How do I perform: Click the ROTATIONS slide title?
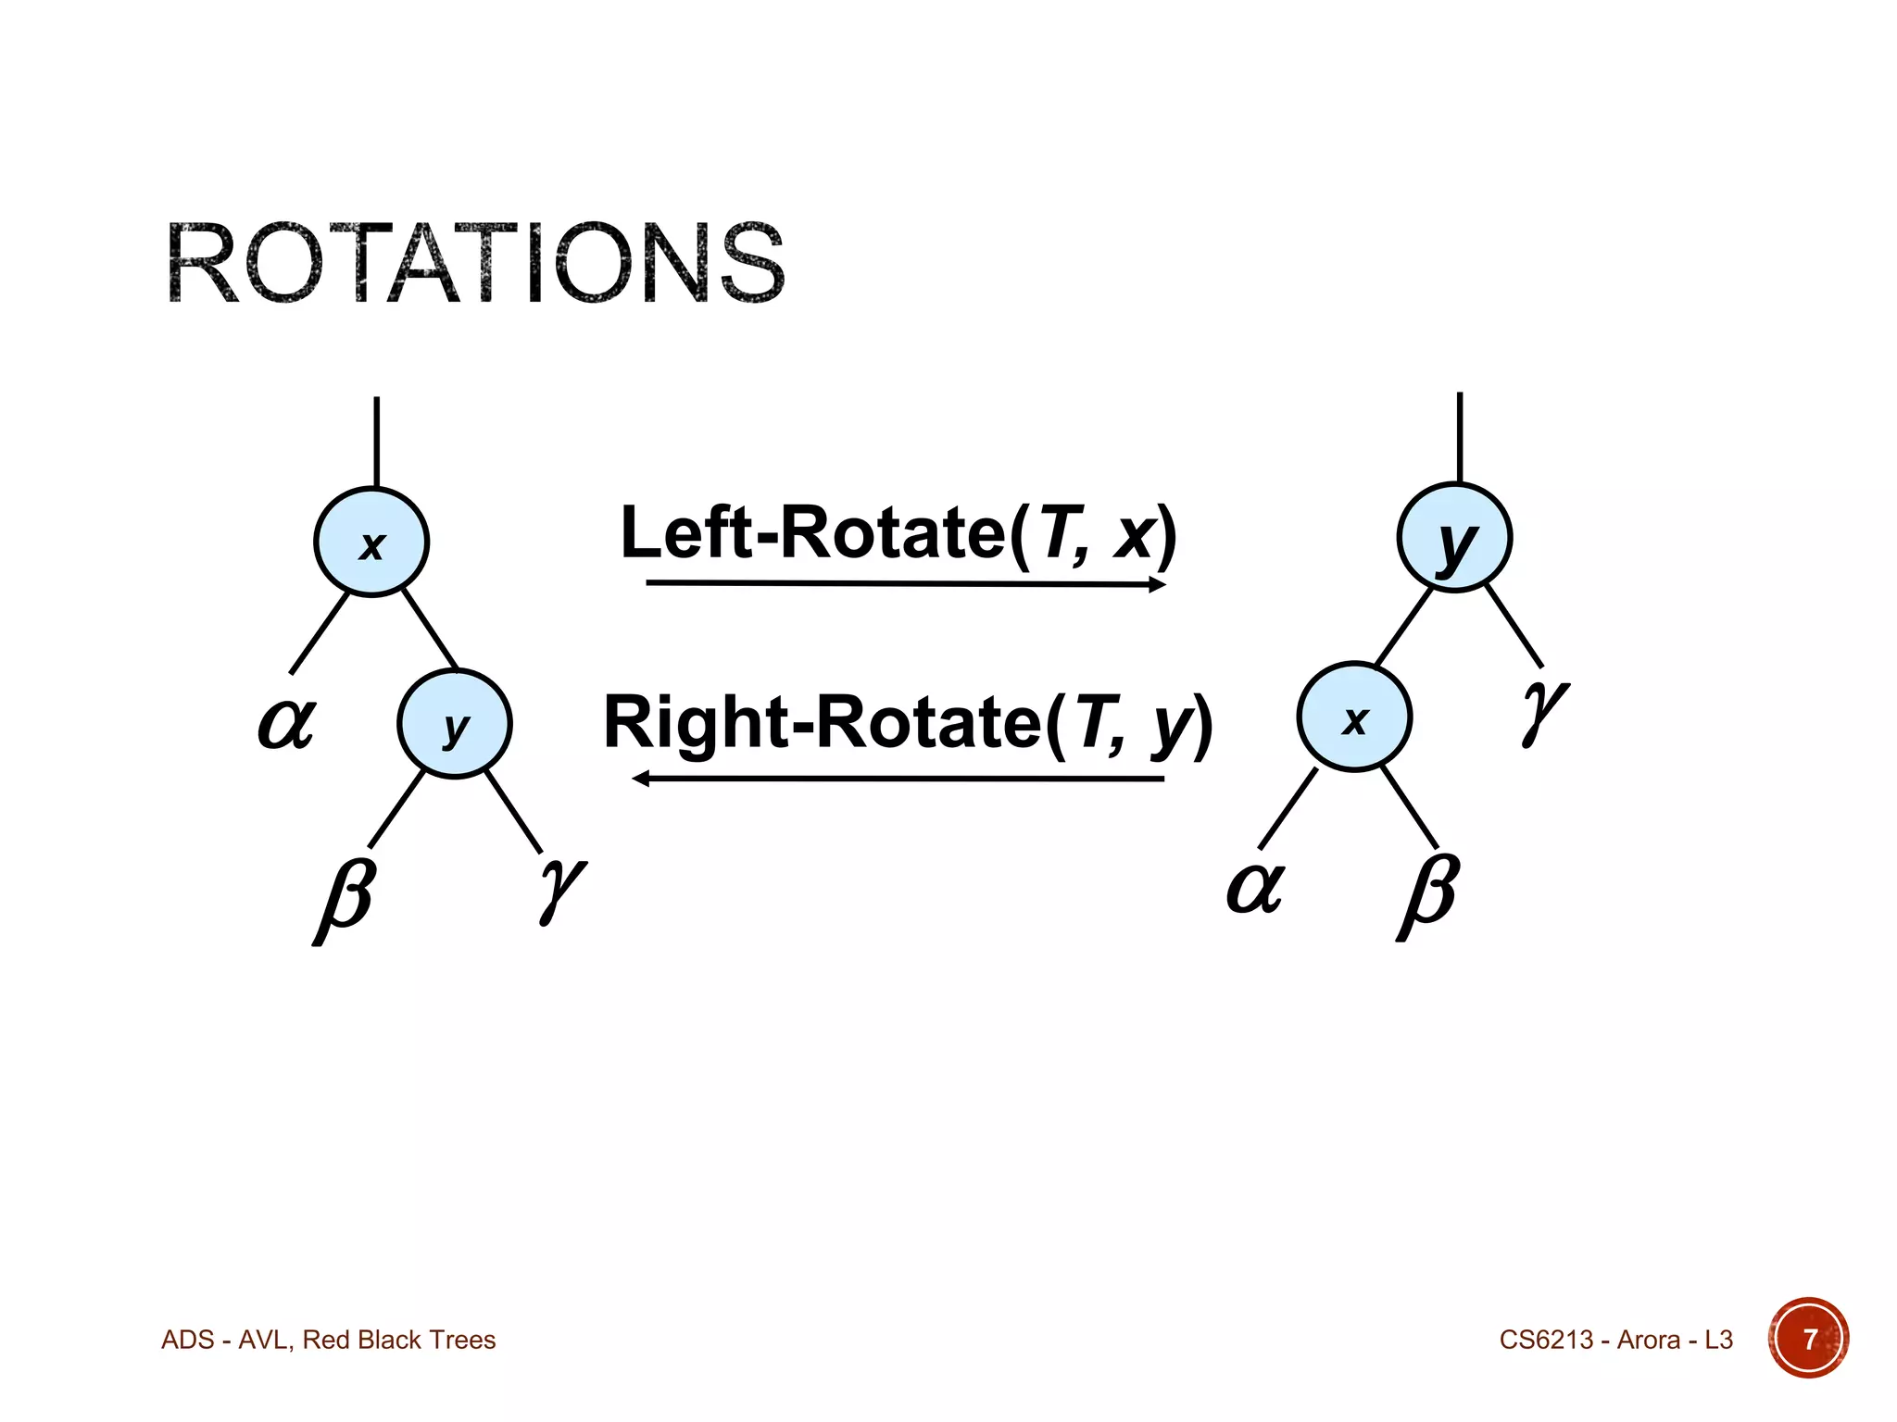click(x=475, y=263)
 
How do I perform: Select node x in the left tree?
click(x=371, y=543)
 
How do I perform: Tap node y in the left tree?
click(x=455, y=724)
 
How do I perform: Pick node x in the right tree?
click(x=1354, y=717)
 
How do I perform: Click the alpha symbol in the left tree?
click(x=286, y=722)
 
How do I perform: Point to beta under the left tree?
click(x=345, y=898)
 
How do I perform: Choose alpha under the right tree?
click(x=1255, y=887)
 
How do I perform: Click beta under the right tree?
click(x=1428, y=894)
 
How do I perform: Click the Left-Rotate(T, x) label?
click(x=898, y=534)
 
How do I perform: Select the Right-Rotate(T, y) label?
click(x=908, y=724)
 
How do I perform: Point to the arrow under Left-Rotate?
click(x=905, y=584)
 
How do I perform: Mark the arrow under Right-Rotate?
click(x=898, y=779)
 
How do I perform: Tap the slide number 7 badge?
click(x=1808, y=1339)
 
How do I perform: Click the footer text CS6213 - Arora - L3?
click(x=1615, y=1340)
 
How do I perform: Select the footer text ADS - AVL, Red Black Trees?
click(x=329, y=1340)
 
